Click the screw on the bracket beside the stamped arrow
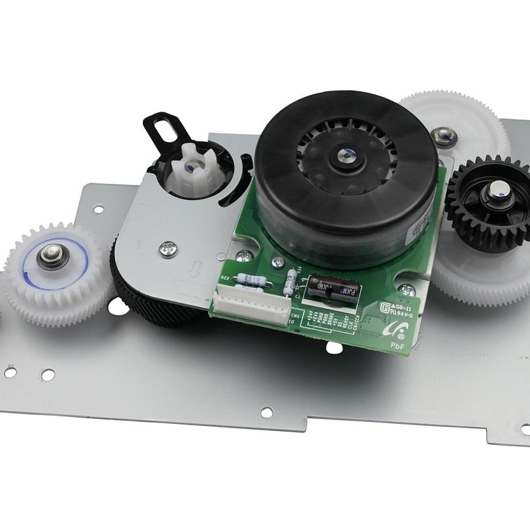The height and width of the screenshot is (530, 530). coord(168,248)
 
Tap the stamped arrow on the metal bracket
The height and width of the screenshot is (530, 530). coord(196,268)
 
